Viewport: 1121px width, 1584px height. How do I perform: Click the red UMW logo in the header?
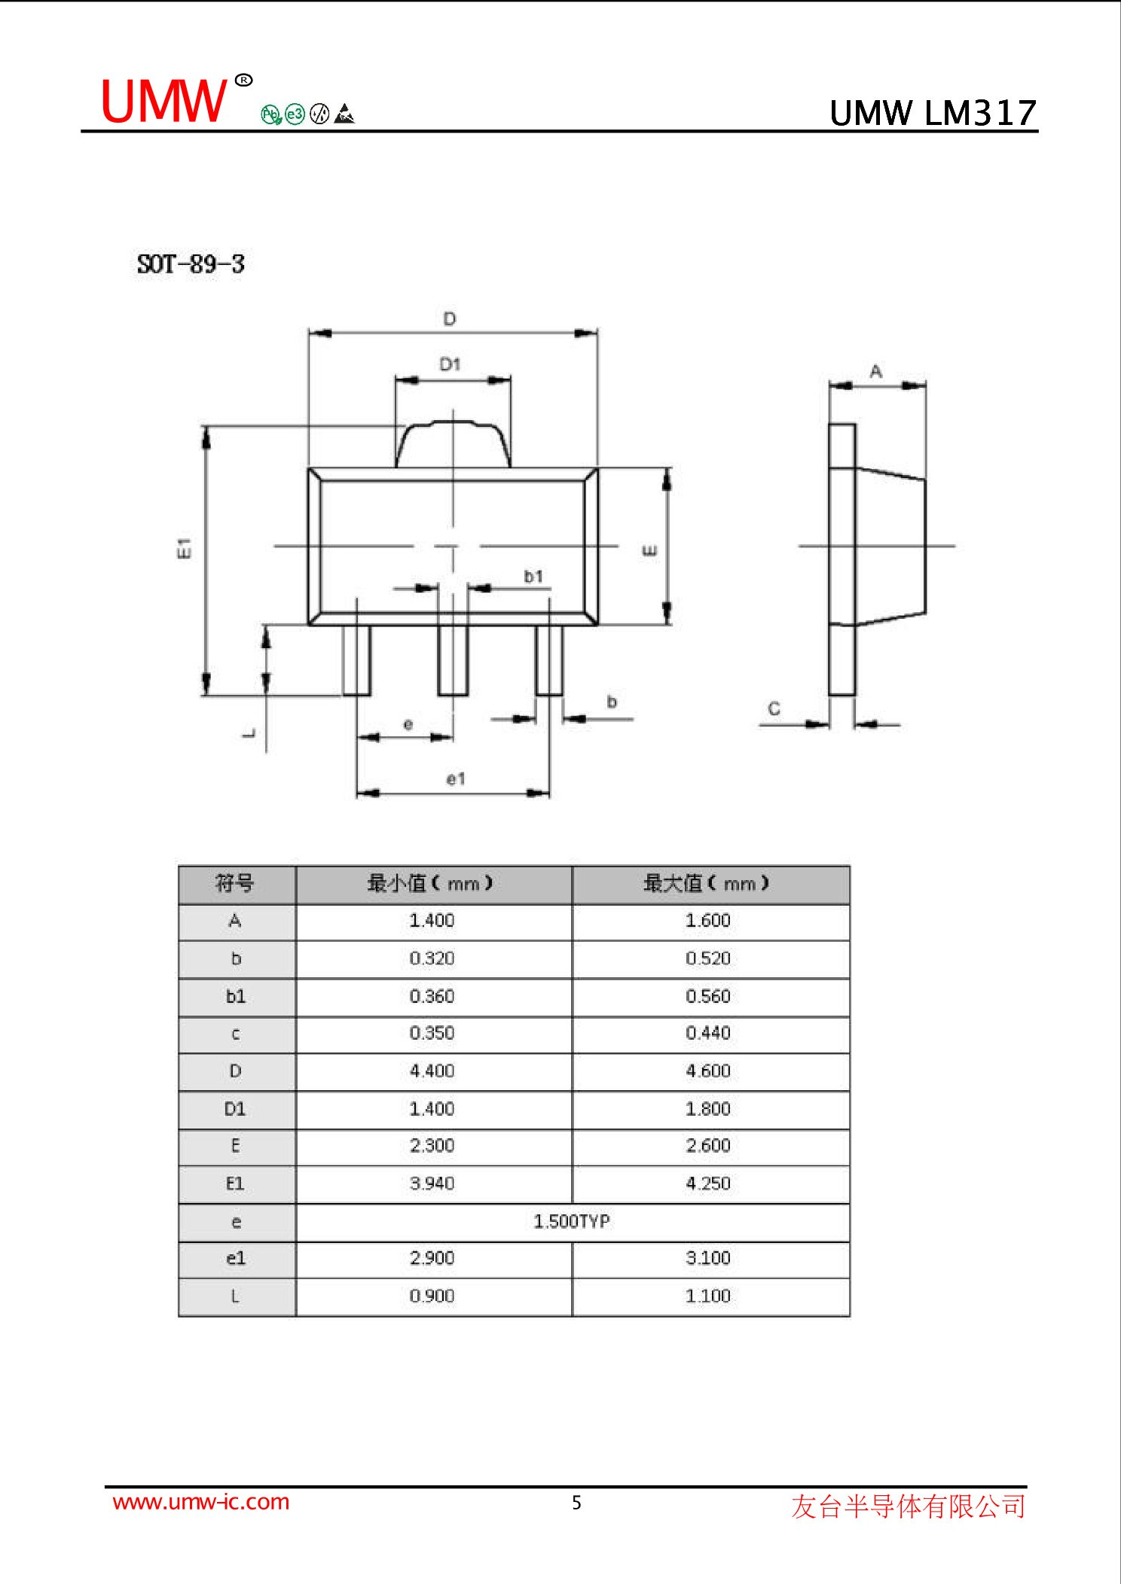coord(163,102)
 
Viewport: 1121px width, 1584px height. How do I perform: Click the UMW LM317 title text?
coord(933,114)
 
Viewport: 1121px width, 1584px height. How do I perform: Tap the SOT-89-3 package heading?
coord(191,264)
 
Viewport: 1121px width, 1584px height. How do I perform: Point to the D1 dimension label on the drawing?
coord(450,364)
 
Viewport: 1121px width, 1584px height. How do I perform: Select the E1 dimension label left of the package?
coord(184,548)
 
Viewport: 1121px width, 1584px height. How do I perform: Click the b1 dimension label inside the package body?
coord(533,577)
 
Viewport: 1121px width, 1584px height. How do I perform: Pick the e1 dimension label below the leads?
coord(456,778)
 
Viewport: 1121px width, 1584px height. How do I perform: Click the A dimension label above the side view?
coord(876,371)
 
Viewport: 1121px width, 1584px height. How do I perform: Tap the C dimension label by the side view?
coord(774,708)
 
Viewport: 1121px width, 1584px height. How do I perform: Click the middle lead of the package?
coord(453,659)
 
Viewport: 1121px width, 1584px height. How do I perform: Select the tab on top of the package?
coord(453,445)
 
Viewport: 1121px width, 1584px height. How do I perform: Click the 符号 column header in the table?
coord(236,884)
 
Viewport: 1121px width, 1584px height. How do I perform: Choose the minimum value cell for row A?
coord(432,921)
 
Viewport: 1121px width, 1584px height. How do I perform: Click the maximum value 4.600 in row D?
coord(708,1071)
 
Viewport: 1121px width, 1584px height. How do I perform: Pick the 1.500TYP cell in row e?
coord(572,1221)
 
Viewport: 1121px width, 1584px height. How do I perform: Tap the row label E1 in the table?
coord(236,1183)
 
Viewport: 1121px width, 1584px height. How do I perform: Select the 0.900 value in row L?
coord(432,1296)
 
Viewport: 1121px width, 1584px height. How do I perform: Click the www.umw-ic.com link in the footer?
coord(201,1502)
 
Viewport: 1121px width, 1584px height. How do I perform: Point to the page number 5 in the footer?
coord(576,1503)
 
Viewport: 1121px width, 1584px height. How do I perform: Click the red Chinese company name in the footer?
coord(909,1506)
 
